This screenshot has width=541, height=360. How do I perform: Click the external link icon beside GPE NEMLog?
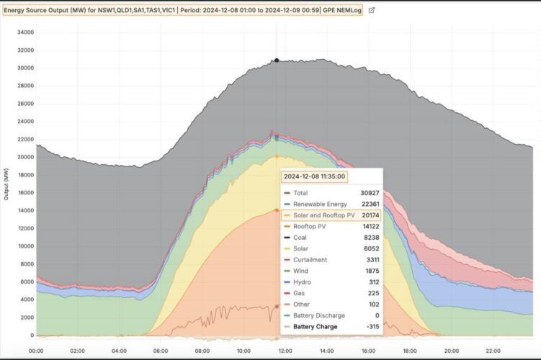[372, 11]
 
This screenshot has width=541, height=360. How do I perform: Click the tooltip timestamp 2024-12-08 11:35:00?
[315, 176]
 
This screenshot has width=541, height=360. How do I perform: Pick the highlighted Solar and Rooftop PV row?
[331, 215]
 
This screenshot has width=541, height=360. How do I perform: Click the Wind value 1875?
[373, 271]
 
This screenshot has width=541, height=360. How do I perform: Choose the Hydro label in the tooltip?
[303, 282]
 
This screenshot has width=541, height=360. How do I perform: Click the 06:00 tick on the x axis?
[161, 351]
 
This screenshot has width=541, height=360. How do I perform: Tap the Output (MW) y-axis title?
[6, 184]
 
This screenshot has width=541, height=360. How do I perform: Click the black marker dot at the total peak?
[276, 60]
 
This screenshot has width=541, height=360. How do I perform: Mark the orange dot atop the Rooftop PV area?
[276, 210]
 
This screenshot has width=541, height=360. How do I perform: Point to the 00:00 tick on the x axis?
[36, 351]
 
